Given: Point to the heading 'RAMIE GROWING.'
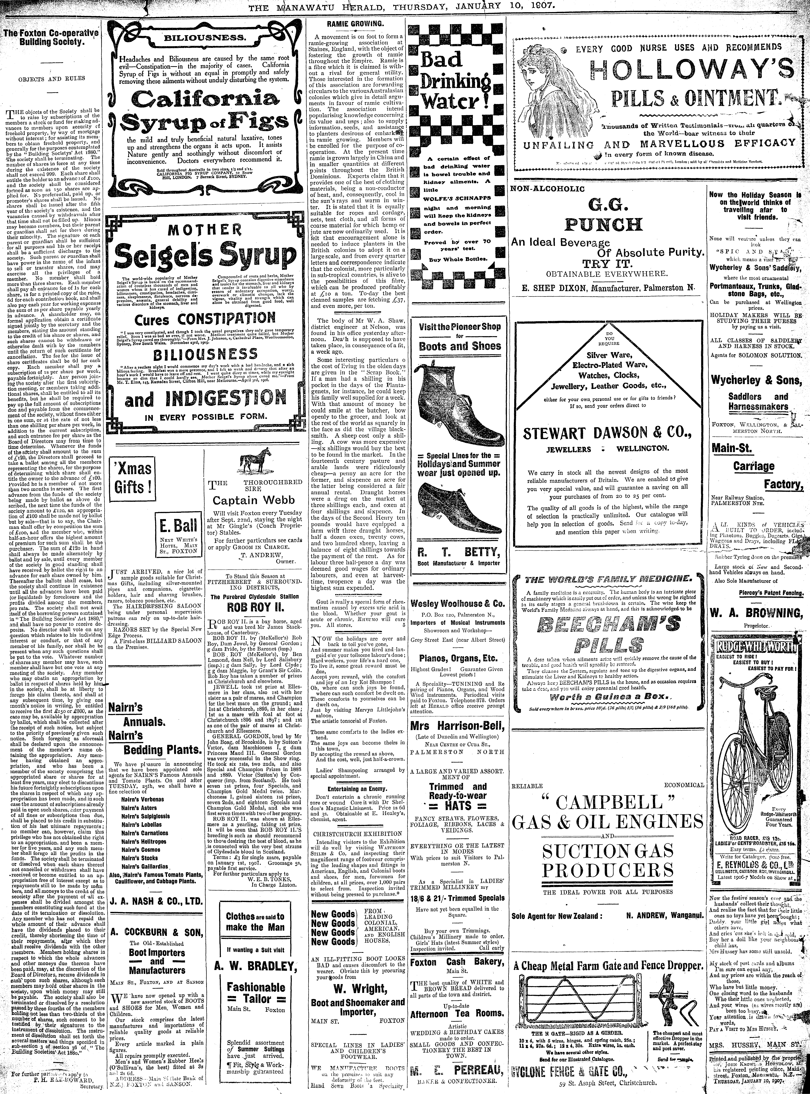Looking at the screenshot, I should (x=355, y=24).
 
